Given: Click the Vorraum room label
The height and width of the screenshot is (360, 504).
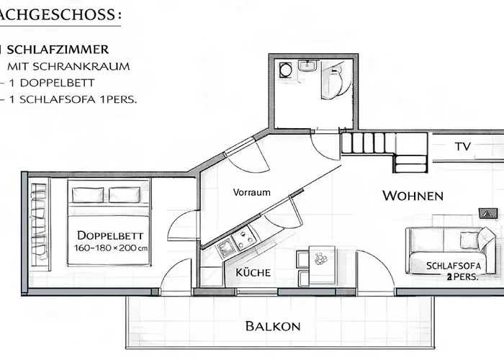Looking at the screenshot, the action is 252,192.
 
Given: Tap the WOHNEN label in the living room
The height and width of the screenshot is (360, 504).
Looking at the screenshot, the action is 413,196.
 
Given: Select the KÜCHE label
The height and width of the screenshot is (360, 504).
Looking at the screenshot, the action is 253,273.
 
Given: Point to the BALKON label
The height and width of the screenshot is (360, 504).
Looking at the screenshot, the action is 273,326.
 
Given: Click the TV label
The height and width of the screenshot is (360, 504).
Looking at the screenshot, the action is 463,147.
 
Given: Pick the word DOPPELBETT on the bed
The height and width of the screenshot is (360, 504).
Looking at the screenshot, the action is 110,235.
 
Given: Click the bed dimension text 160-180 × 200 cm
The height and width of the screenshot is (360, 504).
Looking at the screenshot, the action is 111,248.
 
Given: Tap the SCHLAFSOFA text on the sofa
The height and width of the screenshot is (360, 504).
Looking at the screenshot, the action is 454,266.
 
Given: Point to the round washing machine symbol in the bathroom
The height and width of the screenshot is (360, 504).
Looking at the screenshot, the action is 285,69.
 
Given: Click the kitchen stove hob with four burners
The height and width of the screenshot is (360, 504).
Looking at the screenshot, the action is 245,238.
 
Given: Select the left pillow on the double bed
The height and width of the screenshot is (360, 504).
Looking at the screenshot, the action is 88,195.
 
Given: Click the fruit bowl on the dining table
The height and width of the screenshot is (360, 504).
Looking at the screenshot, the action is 320,258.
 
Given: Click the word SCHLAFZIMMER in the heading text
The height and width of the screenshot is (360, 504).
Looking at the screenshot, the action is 58,50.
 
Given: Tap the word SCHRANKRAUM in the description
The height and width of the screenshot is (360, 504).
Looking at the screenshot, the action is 81,66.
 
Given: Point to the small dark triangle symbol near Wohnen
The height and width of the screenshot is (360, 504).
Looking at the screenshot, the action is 488,213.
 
